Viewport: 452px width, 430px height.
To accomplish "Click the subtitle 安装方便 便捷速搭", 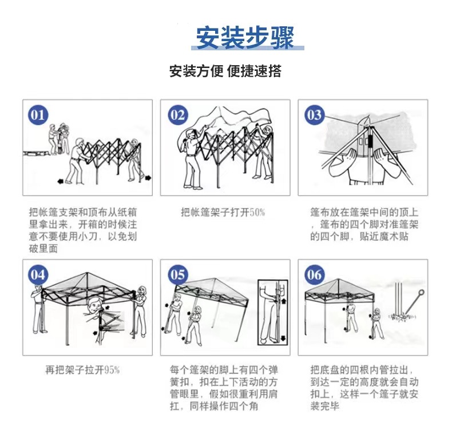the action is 225,71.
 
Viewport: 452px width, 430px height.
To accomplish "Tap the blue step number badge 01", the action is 38,115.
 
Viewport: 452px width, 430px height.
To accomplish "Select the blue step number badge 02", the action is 177,115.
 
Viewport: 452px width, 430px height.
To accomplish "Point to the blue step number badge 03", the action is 314,115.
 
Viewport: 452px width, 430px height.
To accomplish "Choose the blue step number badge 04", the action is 38,274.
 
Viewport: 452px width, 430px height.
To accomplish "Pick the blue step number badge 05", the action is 177,274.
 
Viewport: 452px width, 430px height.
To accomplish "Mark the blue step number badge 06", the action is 314,274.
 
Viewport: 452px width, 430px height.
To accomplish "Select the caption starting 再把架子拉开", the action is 82,370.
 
